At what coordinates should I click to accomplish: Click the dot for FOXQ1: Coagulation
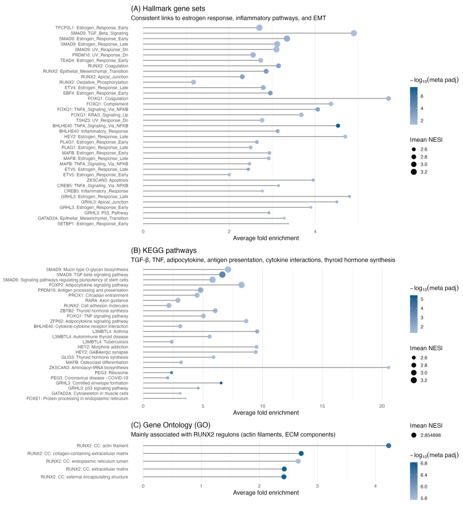tap(389, 98)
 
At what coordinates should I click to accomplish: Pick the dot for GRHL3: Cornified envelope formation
tap(221, 383)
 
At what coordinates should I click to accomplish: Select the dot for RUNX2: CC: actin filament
tap(389, 446)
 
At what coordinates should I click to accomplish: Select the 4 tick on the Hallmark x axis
tap(315, 232)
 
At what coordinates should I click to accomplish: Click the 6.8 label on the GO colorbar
tap(424, 463)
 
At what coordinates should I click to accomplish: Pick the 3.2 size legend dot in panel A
tap(414, 172)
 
